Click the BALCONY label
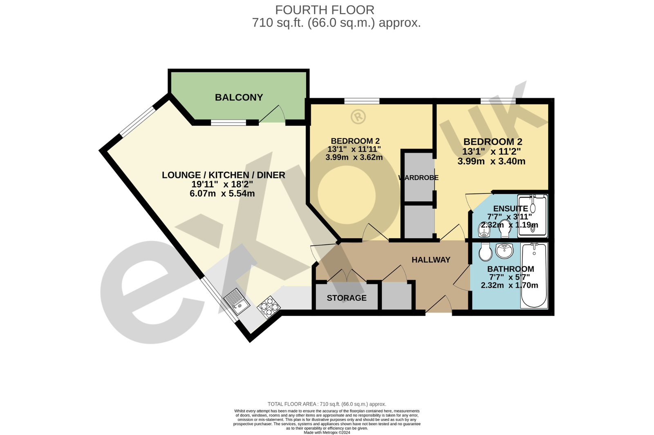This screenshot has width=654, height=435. [x=239, y=98]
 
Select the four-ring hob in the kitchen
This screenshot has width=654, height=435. [x=269, y=307]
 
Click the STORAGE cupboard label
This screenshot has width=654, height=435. [x=347, y=298]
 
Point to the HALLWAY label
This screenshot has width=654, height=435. [x=431, y=260]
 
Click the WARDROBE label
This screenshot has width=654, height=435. [x=419, y=178]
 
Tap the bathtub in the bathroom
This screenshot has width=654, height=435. [x=534, y=275]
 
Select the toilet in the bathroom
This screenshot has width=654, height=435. [x=485, y=252]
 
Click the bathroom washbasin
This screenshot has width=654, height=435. [x=504, y=250]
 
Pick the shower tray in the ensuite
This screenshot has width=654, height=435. [x=533, y=215]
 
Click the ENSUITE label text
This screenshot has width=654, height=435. [x=510, y=209]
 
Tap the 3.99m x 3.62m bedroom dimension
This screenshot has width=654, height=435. [x=354, y=158]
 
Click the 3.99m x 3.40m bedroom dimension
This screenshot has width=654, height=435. [x=491, y=161]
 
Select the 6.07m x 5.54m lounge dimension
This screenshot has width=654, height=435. [x=222, y=193]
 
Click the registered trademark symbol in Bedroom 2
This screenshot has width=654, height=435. [x=358, y=117]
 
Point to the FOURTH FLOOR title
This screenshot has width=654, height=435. [x=325, y=10]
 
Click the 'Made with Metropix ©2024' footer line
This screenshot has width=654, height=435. [x=327, y=433]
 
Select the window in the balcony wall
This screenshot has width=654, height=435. [x=228, y=122]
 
